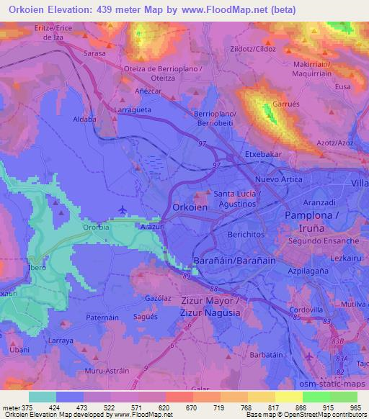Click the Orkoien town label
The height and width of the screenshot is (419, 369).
191,207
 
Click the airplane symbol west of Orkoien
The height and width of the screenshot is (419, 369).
123,209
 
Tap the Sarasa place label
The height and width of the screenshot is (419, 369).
94,53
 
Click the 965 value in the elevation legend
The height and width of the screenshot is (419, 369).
355,407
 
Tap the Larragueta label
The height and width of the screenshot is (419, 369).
133,109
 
